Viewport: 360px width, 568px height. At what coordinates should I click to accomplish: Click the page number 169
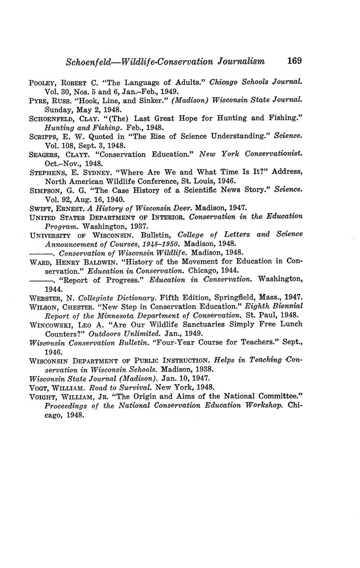pyautogui.click(x=295, y=61)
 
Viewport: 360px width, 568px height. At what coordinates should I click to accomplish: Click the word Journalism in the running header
pyautogui.click(x=240, y=62)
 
